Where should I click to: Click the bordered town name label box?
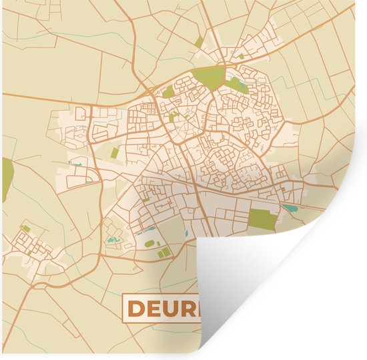pos(160,308)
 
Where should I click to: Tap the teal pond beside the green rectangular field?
pos(291,208)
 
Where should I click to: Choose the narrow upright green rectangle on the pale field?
pos(115,153)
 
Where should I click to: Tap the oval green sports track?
pos(149,244)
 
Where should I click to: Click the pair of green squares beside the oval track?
pos(163,252)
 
